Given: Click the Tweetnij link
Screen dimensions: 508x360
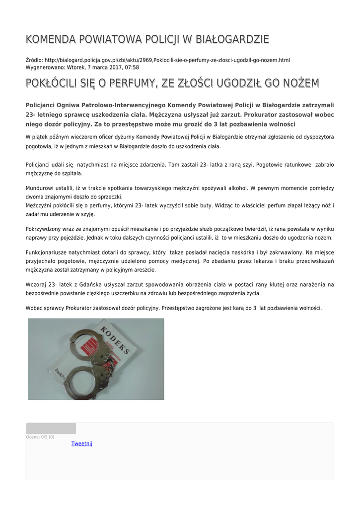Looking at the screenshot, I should (x=82, y=444).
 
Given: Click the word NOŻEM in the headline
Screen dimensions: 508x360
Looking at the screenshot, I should (x=300, y=83).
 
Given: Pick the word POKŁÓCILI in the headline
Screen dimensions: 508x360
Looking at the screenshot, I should (x=55, y=83).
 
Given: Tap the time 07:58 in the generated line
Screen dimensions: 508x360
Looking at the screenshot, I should (x=132, y=67).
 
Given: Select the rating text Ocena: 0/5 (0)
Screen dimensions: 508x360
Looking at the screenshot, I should (x=40, y=437).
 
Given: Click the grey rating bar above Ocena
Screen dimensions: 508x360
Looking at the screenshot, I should (x=51, y=429).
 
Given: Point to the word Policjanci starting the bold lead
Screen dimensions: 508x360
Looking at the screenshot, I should (x=42, y=105).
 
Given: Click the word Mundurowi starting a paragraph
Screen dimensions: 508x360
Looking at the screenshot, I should (x=41, y=189).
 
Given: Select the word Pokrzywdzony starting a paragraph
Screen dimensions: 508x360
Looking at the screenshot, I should (x=45, y=229).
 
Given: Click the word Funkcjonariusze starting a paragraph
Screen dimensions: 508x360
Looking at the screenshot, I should (x=47, y=253).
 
